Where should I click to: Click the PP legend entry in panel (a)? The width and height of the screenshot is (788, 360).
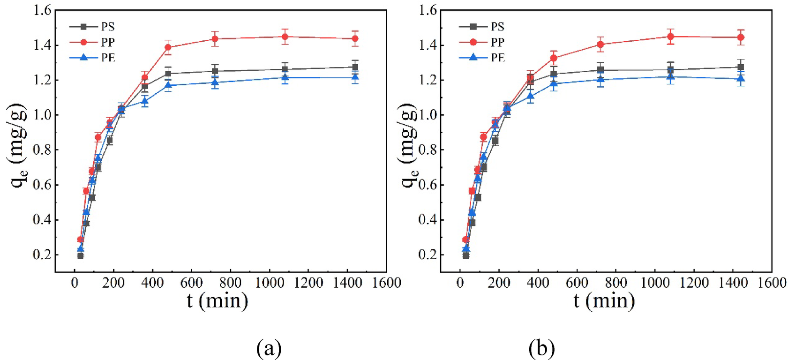107,42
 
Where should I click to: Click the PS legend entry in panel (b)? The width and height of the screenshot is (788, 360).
497,27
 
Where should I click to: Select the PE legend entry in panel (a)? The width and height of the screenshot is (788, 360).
107,58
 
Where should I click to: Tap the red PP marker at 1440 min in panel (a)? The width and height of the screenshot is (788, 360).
355,39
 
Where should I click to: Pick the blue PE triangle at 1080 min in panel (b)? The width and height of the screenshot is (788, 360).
670,76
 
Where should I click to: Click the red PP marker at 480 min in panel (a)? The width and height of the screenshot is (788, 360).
168,47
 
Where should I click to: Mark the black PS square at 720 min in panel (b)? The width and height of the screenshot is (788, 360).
600,70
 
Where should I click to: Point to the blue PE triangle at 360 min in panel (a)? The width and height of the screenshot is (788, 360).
144,101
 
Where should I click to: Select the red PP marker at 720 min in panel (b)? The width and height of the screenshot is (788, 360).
600,45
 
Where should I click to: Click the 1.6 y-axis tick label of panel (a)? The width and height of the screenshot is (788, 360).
42,10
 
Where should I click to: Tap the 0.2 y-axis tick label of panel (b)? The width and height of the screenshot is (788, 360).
428,255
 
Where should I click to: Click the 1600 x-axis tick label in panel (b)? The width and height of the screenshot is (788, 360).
772,283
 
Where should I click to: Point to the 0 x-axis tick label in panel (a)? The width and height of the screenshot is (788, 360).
75,283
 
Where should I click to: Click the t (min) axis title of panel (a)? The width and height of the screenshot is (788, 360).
217,300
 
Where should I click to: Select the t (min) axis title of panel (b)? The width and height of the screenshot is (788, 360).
604,300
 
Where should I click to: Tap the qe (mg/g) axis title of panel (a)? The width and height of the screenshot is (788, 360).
19,145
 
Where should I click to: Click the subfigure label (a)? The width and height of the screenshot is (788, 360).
269,348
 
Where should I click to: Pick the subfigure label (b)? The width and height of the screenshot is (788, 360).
541,348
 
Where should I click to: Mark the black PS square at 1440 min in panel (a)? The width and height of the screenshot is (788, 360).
355,67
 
